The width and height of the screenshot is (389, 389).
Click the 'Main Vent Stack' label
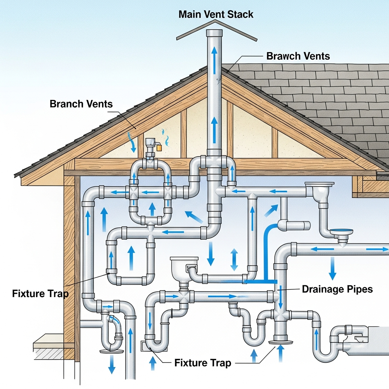215,15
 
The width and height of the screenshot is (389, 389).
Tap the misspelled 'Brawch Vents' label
298,56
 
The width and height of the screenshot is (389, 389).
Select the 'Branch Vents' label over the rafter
81,104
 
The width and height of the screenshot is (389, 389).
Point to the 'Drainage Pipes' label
337,289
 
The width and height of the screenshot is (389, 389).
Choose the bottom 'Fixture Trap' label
202,363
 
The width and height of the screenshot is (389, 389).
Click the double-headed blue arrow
234,259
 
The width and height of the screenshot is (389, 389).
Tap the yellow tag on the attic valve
158,147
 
